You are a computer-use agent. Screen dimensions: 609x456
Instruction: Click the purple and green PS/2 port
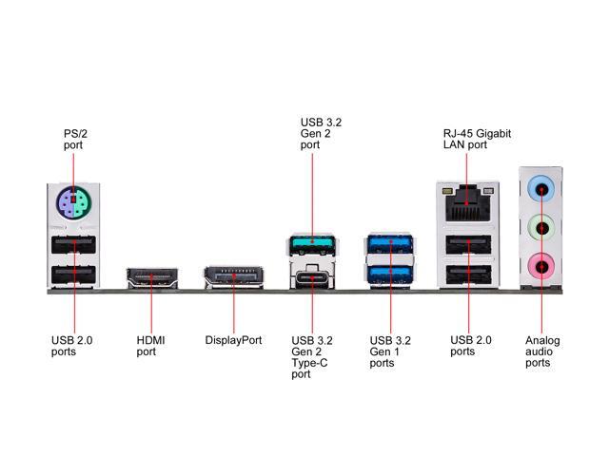point(74,203)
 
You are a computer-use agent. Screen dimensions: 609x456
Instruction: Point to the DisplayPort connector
point(233,279)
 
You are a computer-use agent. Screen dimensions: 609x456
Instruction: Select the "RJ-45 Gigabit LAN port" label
point(477,140)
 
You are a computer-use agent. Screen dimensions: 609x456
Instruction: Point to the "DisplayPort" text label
point(233,340)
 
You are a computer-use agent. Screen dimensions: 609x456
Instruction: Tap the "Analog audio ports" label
point(542,351)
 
